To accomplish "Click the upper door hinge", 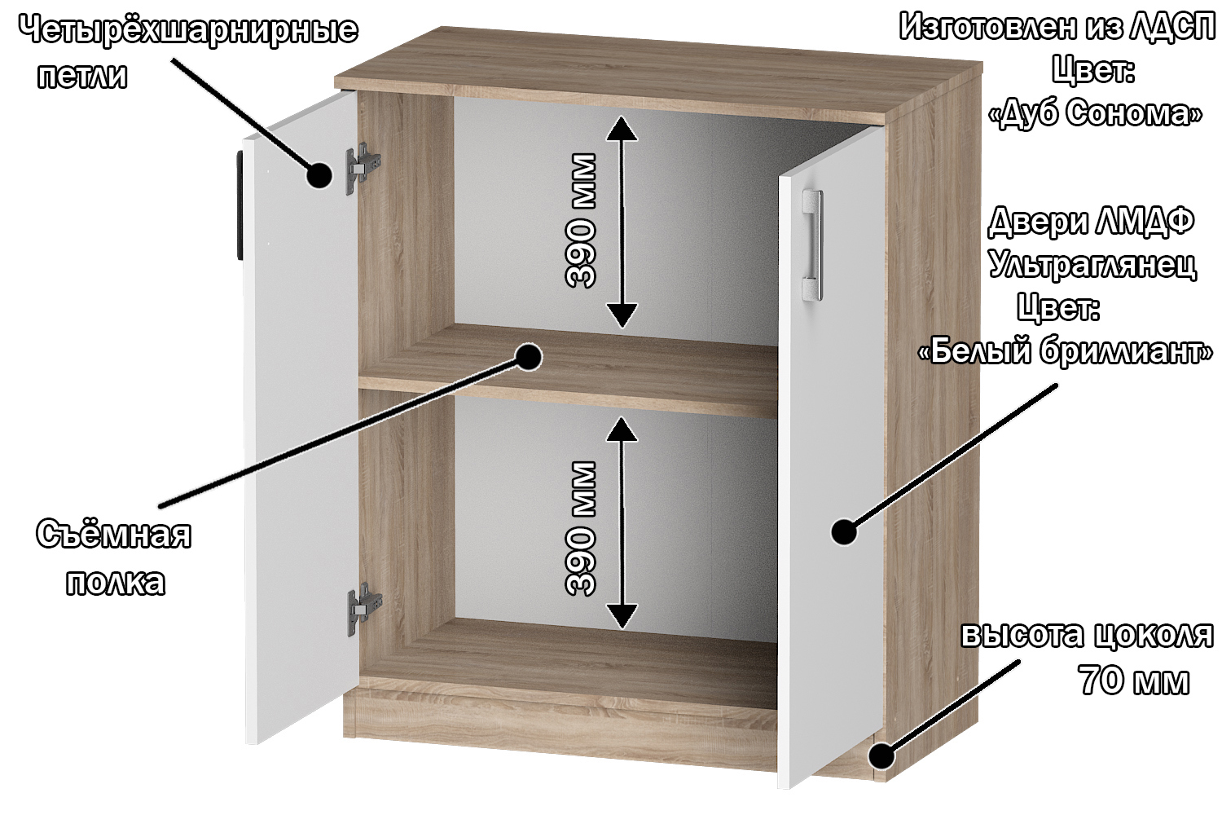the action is coord(363,168).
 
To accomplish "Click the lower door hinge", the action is coord(364,609).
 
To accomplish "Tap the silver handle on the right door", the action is coord(812,244).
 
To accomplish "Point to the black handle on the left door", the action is coord(240,205).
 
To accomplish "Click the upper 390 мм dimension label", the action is coord(581,220).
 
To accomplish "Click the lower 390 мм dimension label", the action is coord(581,528).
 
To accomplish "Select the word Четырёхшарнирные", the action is coord(189,30).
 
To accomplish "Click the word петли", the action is coord(82,75).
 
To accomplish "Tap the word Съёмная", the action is coord(113,534).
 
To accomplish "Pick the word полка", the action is coord(115,582).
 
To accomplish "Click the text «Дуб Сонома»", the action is coord(1096,114).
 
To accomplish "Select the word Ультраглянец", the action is coord(1092,266).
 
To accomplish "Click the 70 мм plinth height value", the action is coord(1134,681).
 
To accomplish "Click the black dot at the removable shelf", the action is coord(528,356).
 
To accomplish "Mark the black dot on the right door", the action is coord(844,531).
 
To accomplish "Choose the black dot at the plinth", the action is coord(881,756).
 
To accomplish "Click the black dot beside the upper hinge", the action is coord(319,175).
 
